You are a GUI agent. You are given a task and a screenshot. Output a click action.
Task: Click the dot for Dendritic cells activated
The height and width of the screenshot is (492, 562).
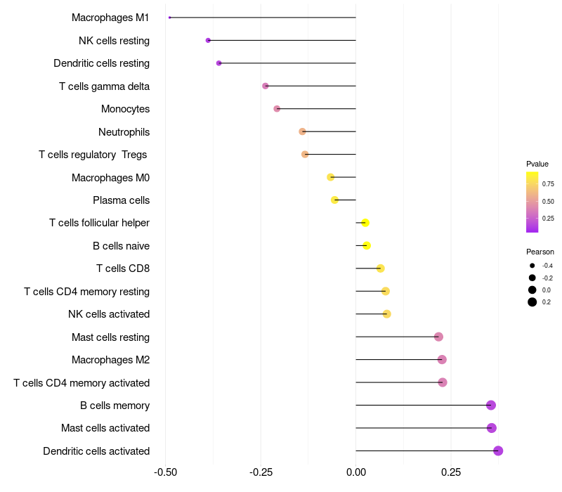click(498, 451)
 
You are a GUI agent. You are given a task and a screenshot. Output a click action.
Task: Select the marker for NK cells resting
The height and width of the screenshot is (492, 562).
click(208, 40)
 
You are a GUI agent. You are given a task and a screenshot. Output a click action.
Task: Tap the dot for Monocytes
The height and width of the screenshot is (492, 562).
click(277, 109)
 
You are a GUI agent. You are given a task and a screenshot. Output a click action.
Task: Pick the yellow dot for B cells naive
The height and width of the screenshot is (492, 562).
click(367, 245)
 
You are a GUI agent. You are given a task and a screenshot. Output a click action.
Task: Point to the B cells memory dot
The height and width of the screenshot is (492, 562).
click(491, 405)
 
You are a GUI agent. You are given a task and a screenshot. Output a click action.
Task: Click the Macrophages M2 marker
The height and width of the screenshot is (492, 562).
click(442, 360)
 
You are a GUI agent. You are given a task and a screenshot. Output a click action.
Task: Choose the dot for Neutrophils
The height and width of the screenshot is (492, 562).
click(302, 131)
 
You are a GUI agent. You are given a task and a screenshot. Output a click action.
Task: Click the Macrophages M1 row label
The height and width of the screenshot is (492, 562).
click(110, 18)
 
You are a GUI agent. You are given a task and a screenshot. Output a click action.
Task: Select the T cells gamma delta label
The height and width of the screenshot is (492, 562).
click(104, 86)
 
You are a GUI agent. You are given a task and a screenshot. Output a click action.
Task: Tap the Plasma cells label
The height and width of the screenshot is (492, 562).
click(121, 200)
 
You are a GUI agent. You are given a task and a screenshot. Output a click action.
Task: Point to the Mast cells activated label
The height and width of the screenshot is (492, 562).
click(105, 428)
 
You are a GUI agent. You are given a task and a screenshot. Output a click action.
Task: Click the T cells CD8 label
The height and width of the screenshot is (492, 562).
click(123, 268)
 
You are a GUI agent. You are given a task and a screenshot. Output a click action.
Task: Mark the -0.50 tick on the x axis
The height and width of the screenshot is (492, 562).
click(165, 472)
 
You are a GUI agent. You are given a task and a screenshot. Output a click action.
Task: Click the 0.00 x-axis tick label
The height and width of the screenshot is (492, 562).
click(356, 472)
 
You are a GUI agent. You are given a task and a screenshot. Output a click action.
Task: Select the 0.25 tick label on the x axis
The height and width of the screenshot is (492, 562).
click(452, 472)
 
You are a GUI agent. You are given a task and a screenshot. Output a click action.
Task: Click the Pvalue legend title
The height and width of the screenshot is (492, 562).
click(537, 164)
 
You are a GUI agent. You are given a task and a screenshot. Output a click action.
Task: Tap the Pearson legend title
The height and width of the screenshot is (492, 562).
click(540, 252)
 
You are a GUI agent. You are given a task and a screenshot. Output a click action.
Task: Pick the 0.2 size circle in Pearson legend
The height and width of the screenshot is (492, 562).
click(532, 302)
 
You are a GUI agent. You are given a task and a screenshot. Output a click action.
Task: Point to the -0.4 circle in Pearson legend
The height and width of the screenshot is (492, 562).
click(532, 266)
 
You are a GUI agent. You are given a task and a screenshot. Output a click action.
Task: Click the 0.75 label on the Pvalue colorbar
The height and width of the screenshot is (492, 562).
click(548, 184)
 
